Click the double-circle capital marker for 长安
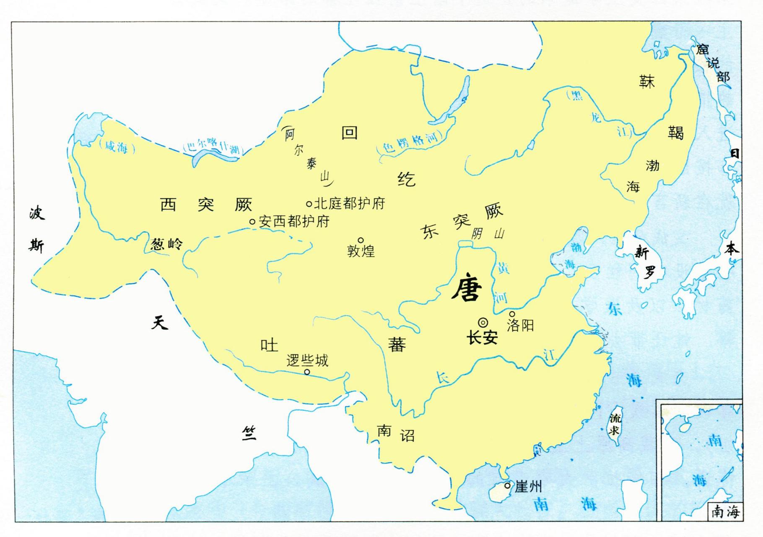[483, 322]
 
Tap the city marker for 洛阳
[512, 314]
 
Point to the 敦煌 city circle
[361, 240]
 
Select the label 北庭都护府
[349, 204]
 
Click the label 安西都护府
[294, 222]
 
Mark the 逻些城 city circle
[307, 372]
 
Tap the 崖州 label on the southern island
[528, 487]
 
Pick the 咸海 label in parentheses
[116, 147]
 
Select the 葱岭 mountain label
[166, 244]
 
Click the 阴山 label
[488, 234]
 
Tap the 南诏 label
[396, 433]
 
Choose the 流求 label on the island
[615, 424]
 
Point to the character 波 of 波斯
[36, 214]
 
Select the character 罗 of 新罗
[649, 273]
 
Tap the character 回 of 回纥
[350, 133]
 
